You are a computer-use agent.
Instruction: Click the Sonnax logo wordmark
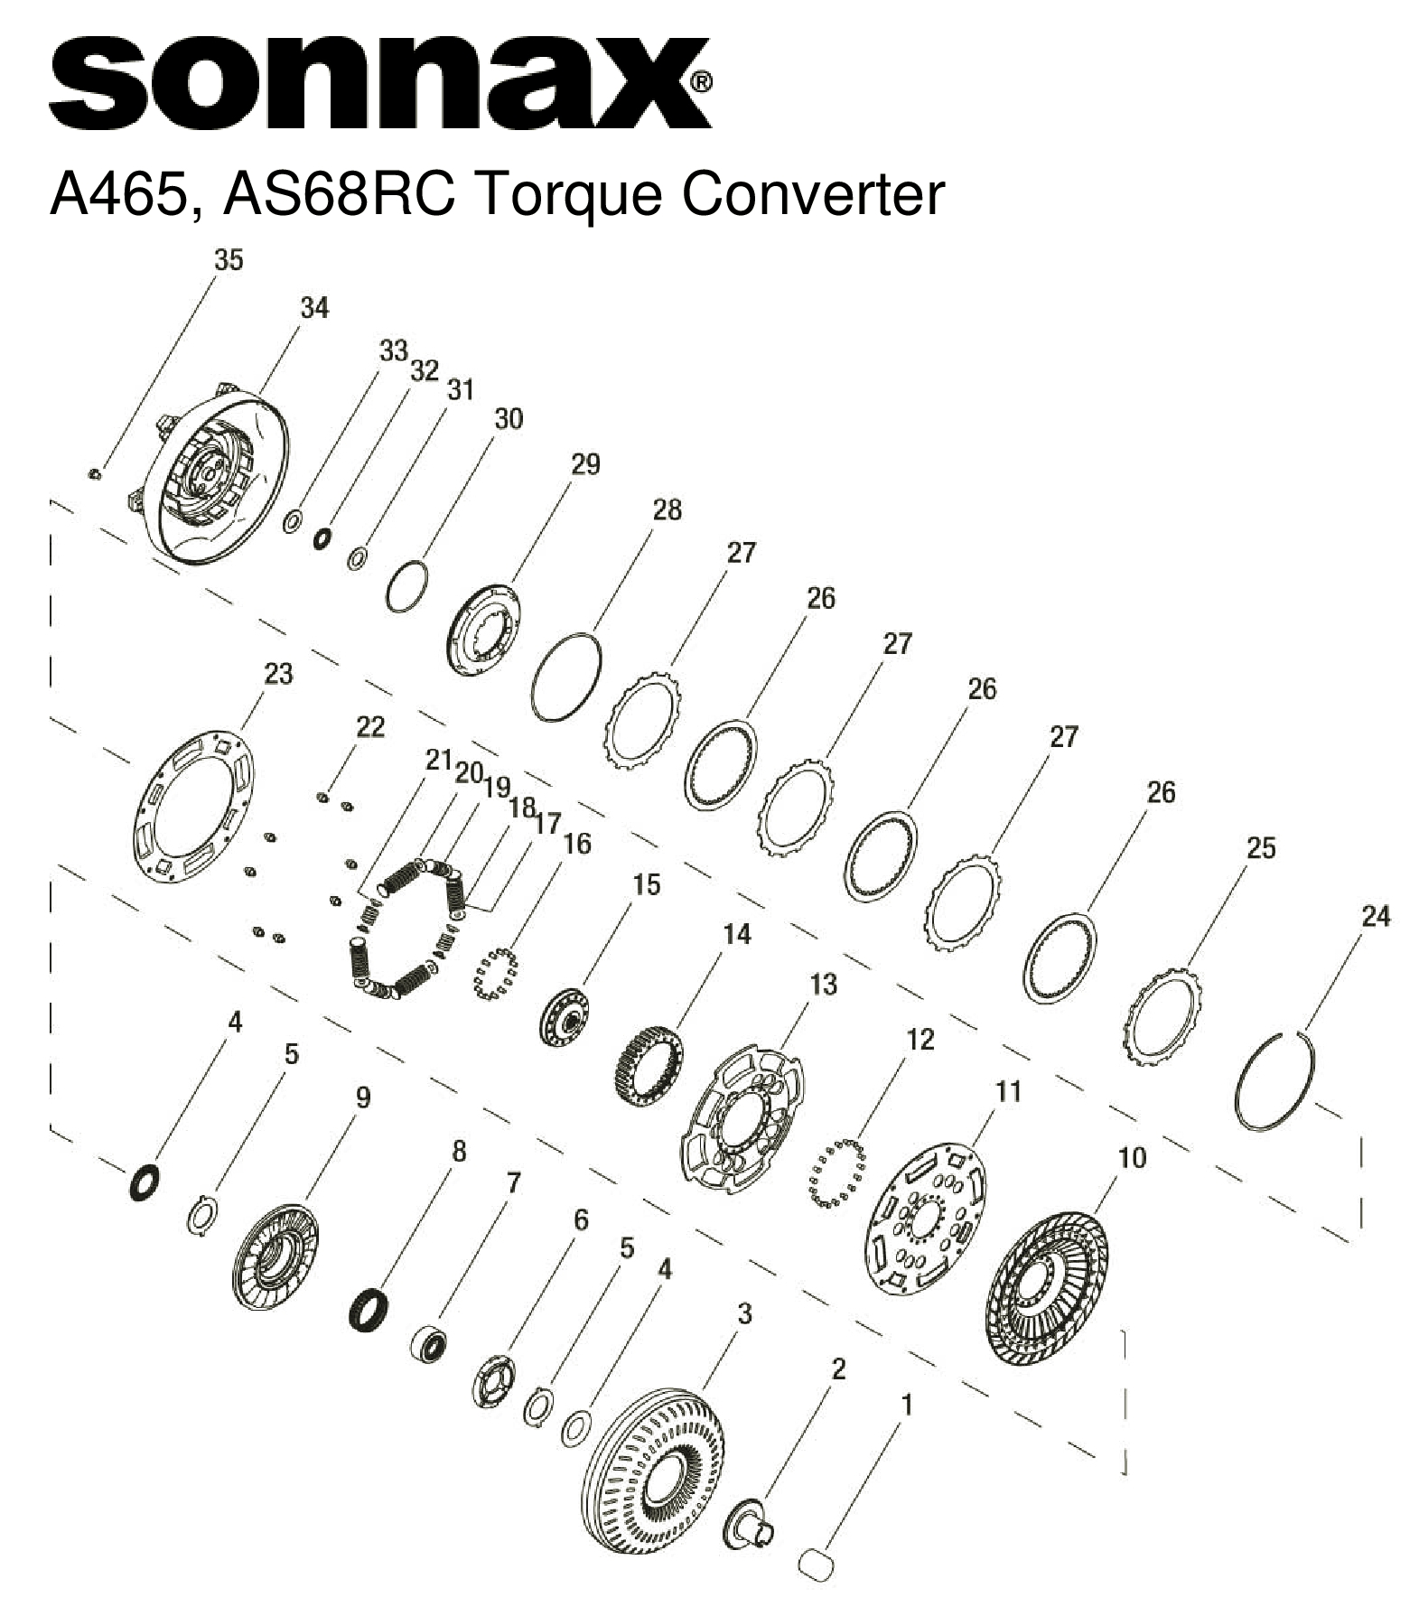[379, 83]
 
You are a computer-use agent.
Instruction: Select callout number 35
[228, 260]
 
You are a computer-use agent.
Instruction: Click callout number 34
[313, 308]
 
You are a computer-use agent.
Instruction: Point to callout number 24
[1375, 917]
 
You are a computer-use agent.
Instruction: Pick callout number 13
[823, 984]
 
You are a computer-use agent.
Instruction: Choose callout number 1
[907, 1406]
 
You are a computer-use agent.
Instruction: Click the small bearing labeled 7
[429, 1346]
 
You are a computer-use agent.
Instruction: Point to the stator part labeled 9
[275, 1256]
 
